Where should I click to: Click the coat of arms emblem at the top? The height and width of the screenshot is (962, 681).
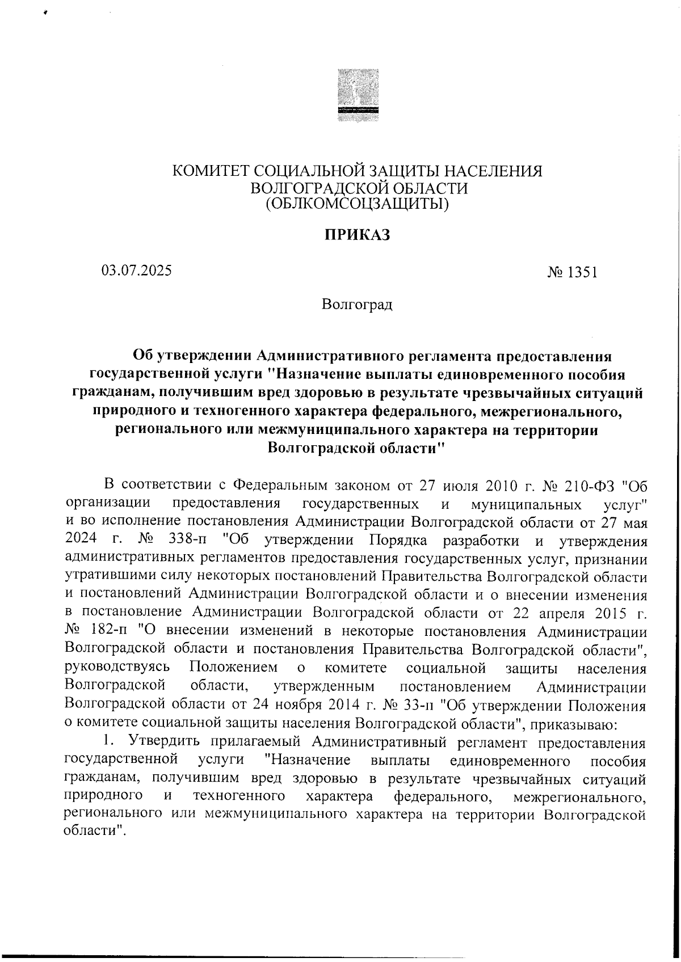(x=358, y=96)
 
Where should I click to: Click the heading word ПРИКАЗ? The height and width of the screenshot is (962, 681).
(x=357, y=235)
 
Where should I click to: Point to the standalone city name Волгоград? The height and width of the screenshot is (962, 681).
(x=357, y=305)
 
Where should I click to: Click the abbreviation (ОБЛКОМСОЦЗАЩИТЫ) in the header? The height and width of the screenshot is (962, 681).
(x=358, y=203)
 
